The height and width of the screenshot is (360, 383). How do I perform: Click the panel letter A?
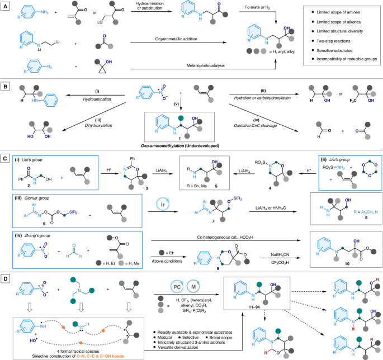tap(5, 5)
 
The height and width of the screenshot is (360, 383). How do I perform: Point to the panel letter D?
tap(5, 278)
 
